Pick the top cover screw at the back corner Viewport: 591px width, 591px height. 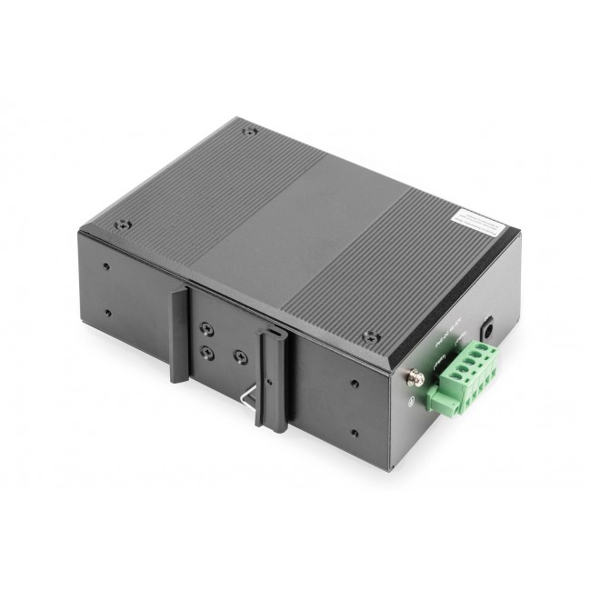pyautogui.click(x=250, y=131)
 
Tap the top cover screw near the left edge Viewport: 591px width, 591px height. pyautogui.click(x=122, y=224)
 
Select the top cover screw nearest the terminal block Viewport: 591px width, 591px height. pyautogui.click(x=368, y=336)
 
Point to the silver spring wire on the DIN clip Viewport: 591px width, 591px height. pyautogui.click(x=246, y=393)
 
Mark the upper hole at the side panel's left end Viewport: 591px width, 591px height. pyautogui.click(x=107, y=267)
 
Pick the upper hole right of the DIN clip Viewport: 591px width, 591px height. pyautogui.click(x=352, y=381)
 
